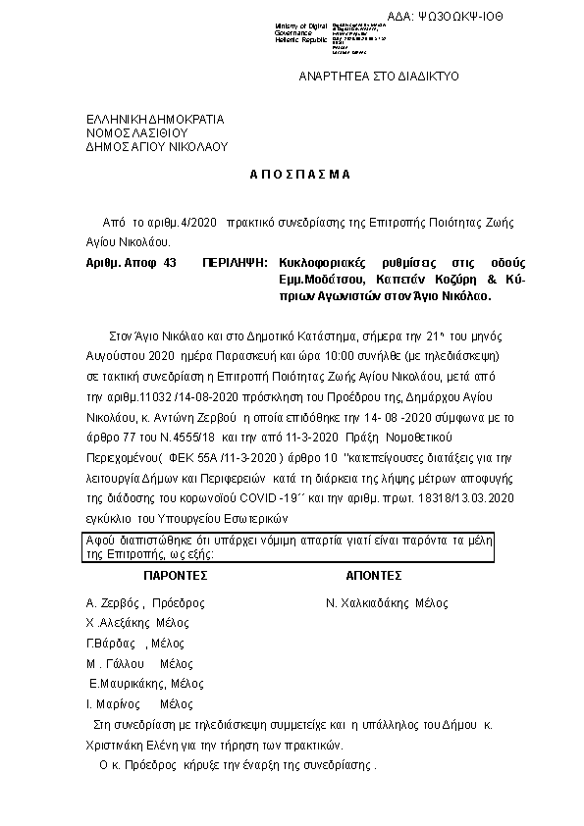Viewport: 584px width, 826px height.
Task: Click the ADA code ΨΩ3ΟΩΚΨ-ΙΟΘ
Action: (x=466, y=18)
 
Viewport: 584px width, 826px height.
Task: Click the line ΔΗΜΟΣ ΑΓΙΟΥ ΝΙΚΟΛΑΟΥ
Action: (x=156, y=146)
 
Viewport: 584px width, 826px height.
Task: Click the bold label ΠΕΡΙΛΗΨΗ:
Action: (x=236, y=264)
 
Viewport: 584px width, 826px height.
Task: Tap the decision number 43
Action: (x=172, y=264)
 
